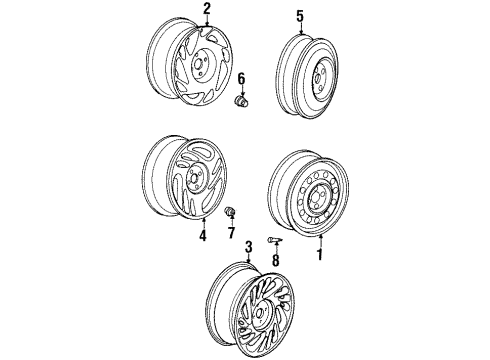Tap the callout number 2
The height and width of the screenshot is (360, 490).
point(207,10)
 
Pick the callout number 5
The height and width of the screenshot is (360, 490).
point(299,16)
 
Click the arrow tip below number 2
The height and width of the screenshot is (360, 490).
point(207,24)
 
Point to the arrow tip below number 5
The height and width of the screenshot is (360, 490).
point(299,31)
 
